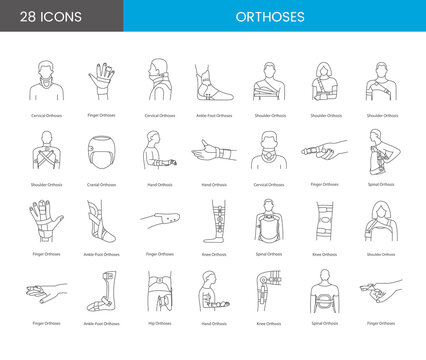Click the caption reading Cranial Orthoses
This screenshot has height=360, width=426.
point(101,185)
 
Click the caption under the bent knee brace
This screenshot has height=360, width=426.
point(267,323)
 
